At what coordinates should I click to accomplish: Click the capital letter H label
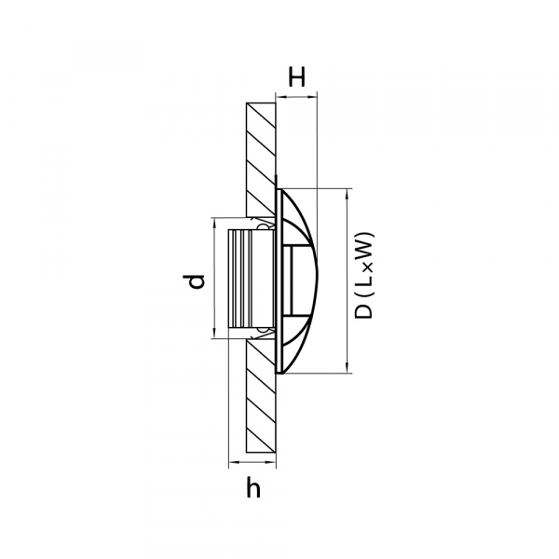296,77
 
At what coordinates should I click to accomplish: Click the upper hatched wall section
261,159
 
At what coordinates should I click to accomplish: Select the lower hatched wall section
261,396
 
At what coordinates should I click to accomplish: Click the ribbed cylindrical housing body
251,279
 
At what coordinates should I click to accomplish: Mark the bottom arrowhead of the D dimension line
347,368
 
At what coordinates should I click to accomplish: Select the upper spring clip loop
263,225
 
